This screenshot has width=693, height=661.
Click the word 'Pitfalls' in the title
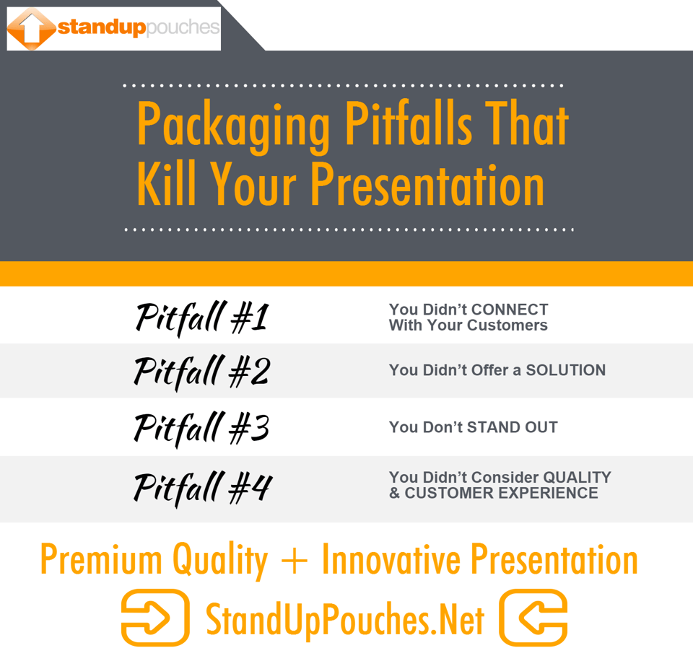(x=408, y=124)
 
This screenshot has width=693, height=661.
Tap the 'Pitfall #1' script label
(x=201, y=318)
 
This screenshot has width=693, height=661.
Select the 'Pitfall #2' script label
(x=201, y=372)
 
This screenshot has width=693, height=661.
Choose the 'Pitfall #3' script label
(x=201, y=427)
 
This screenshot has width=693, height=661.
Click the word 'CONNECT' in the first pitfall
(x=510, y=310)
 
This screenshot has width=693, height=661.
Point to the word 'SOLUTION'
(x=565, y=370)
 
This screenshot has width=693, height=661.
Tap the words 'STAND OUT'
(x=512, y=427)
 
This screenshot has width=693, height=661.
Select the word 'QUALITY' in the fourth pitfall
(x=577, y=477)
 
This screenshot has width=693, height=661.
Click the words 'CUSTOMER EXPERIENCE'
(x=501, y=494)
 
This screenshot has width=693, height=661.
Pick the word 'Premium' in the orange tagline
(x=101, y=559)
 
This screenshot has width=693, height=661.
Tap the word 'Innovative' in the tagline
(x=391, y=559)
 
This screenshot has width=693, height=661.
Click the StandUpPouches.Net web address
(x=345, y=620)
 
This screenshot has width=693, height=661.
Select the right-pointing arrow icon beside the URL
(x=154, y=618)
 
